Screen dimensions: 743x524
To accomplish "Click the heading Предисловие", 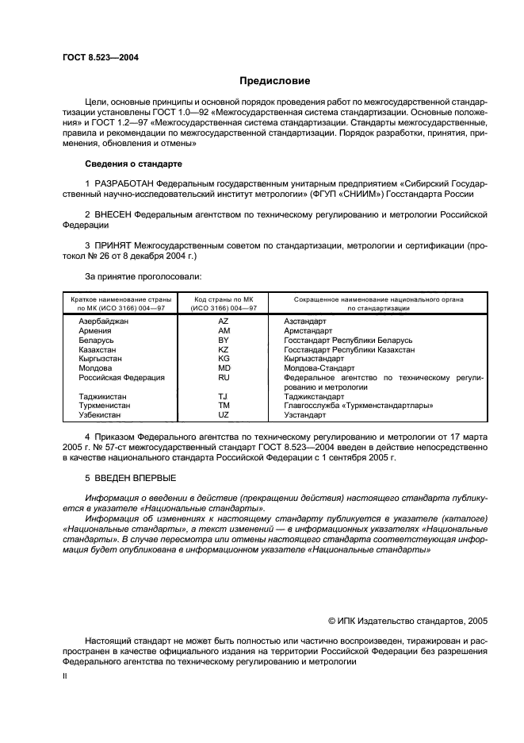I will (275, 81).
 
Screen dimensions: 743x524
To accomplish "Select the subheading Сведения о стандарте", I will (133, 164).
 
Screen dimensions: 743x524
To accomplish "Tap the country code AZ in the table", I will (223, 321).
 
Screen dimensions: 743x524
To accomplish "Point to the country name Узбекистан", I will (100, 415).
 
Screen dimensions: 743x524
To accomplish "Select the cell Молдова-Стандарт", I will (319, 368).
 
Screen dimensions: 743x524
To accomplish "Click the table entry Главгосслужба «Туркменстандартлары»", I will (358, 406).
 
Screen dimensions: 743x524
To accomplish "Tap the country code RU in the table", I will (223, 378).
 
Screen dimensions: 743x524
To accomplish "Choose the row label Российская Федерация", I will (121, 378).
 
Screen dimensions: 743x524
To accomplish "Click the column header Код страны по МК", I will (223, 299).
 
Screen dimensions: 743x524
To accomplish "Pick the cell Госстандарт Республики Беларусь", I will (348, 341).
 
